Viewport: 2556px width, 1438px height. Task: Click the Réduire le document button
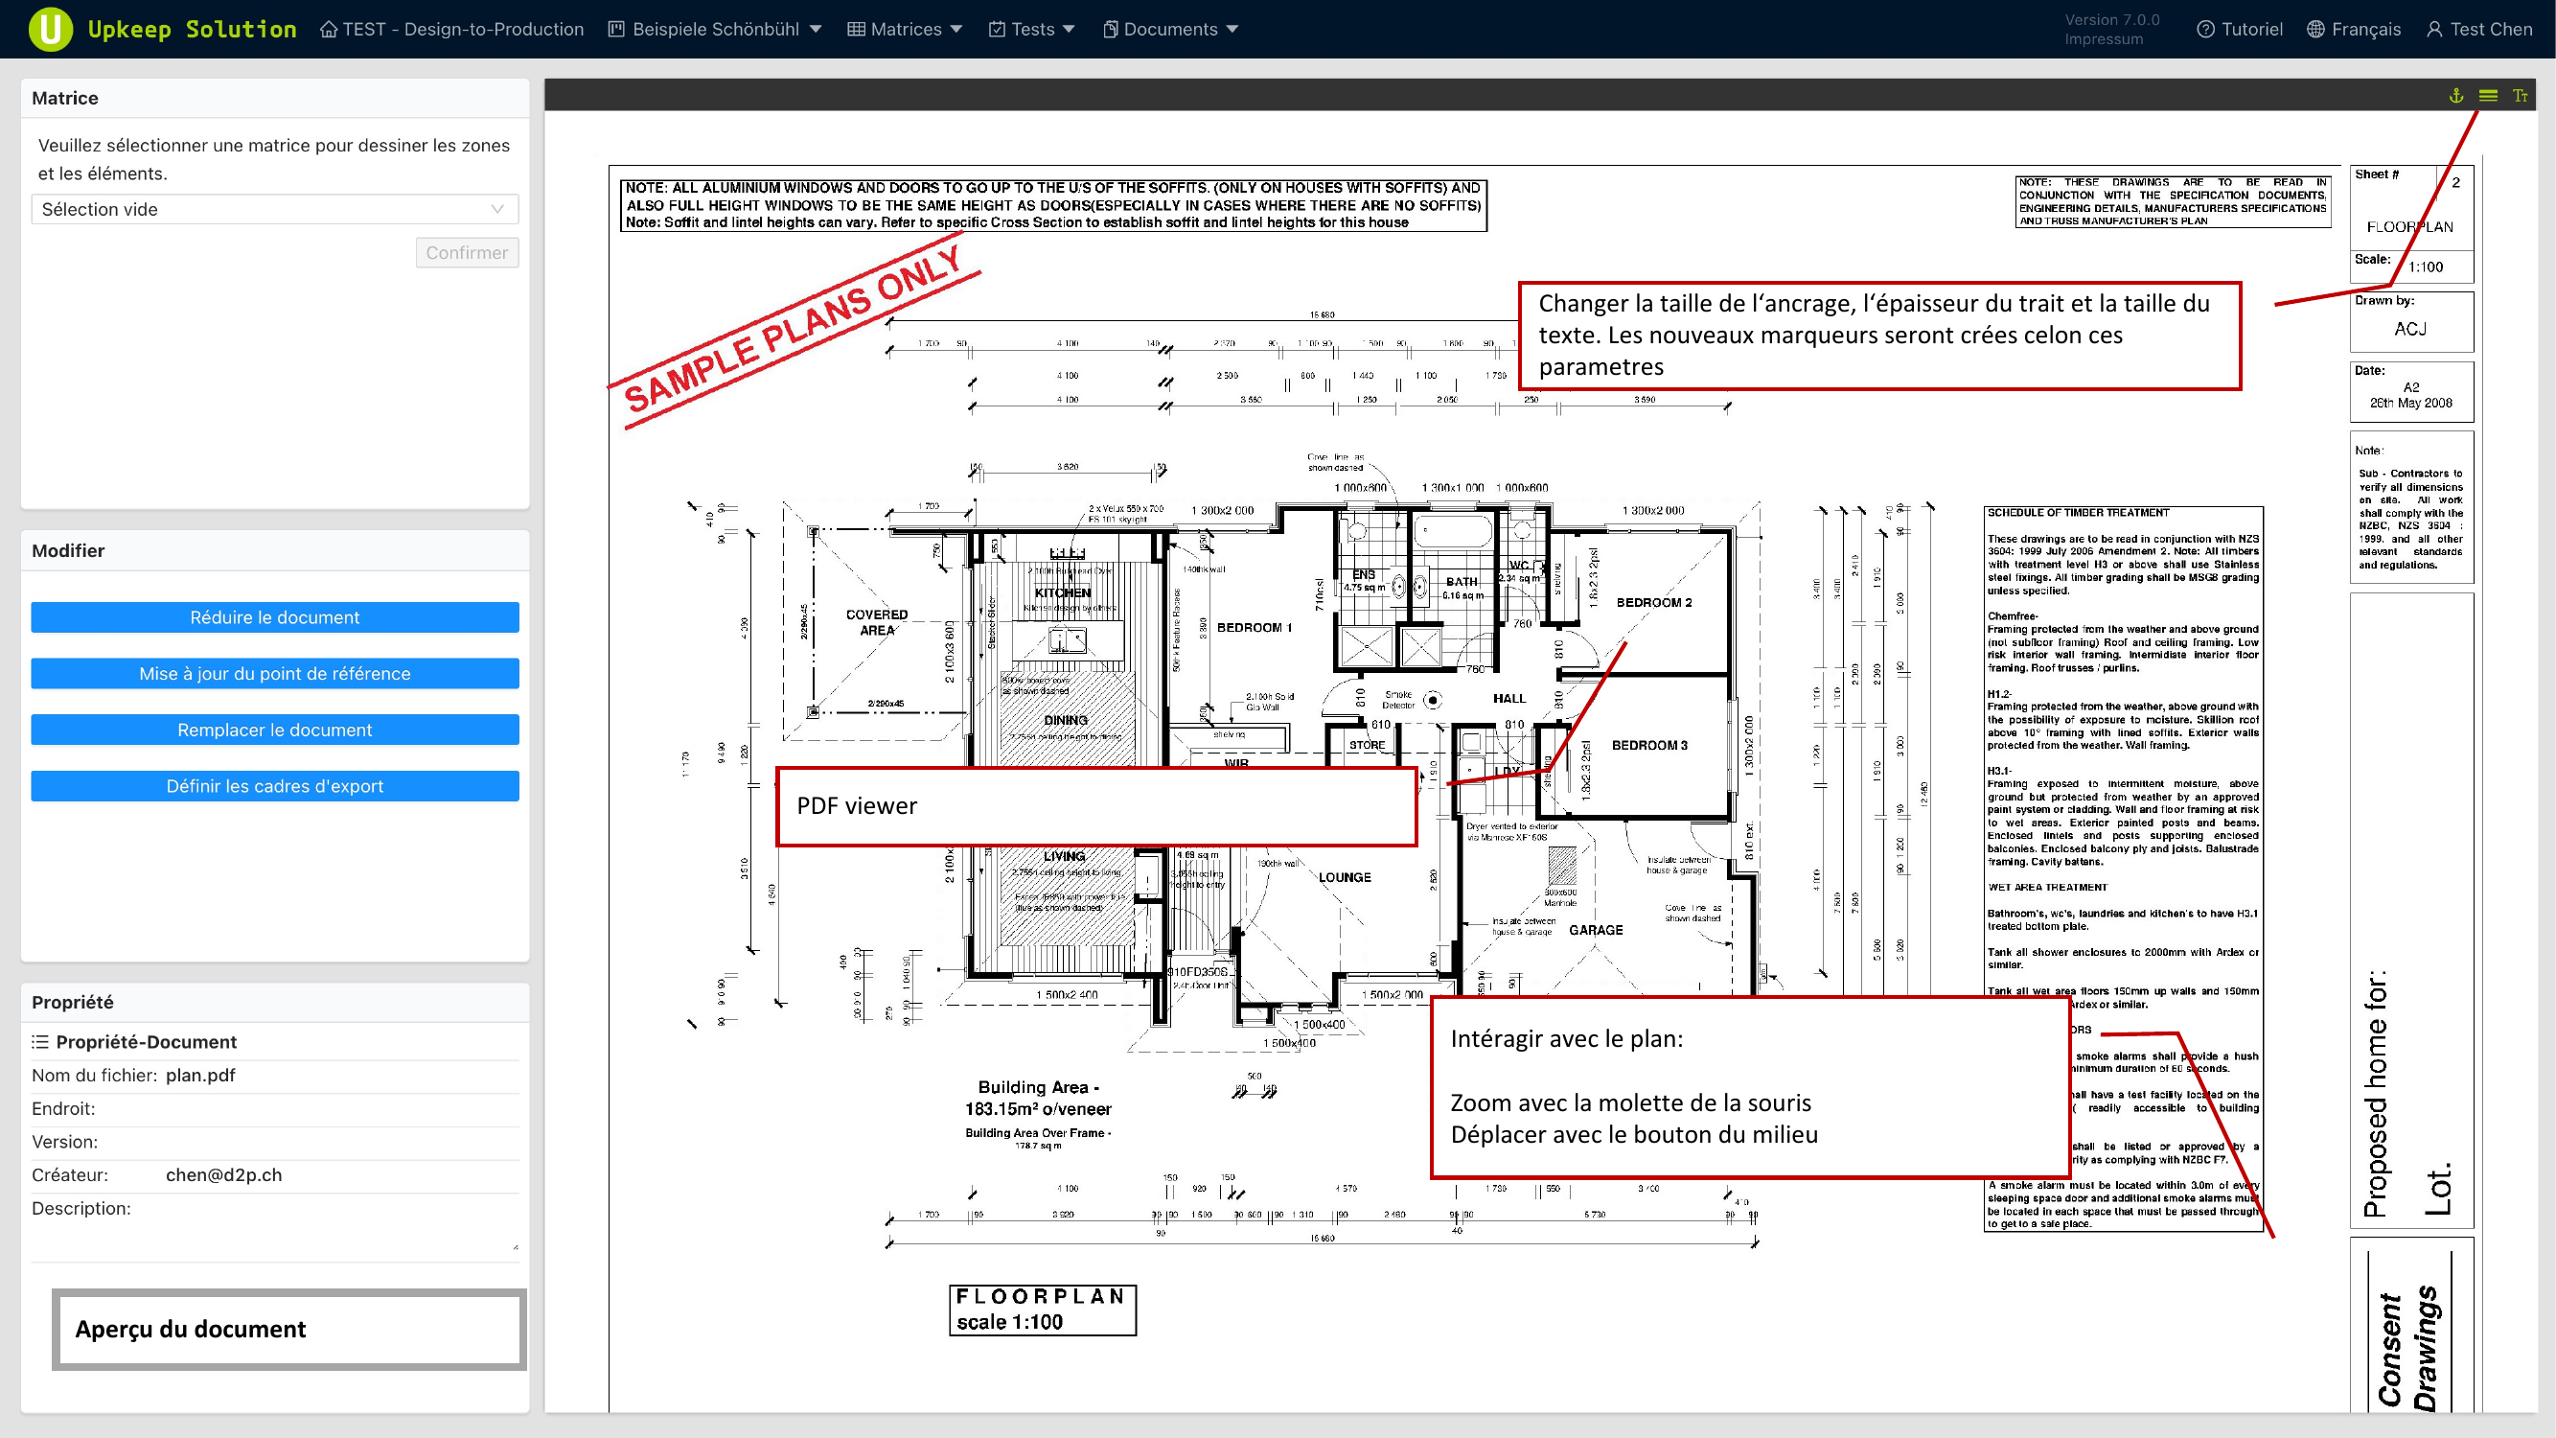[x=275, y=617]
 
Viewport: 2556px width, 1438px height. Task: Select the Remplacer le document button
[x=275, y=730]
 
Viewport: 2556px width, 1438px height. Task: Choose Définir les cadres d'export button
[x=275, y=786]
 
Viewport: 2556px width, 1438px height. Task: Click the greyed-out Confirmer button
[x=467, y=253]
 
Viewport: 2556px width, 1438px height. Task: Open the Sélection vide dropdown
[x=274, y=209]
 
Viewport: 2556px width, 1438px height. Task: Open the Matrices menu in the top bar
[x=905, y=30]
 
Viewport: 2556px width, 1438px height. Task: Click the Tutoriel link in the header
[x=2240, y=30]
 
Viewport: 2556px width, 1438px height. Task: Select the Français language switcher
[x=2354, y=30]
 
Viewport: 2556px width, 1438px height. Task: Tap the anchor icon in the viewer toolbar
[x=2455, y=95]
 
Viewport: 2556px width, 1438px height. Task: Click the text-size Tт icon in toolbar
[x=2520, y=95]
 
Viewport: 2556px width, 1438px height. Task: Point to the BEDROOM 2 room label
[x=1654, y=602]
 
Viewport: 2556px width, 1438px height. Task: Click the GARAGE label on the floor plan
[x=1596, y=930]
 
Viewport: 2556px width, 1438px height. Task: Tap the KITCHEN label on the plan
[x=1063, y=592]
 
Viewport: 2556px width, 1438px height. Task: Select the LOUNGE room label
[x=1345, y=877]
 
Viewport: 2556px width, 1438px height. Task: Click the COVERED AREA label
[x=876, y=622]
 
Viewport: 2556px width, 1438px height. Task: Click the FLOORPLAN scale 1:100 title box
[x=1042, y=1309]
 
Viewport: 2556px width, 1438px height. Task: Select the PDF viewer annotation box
[x=1095, y=806]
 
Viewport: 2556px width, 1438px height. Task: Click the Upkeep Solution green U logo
[x=50, y=29]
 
